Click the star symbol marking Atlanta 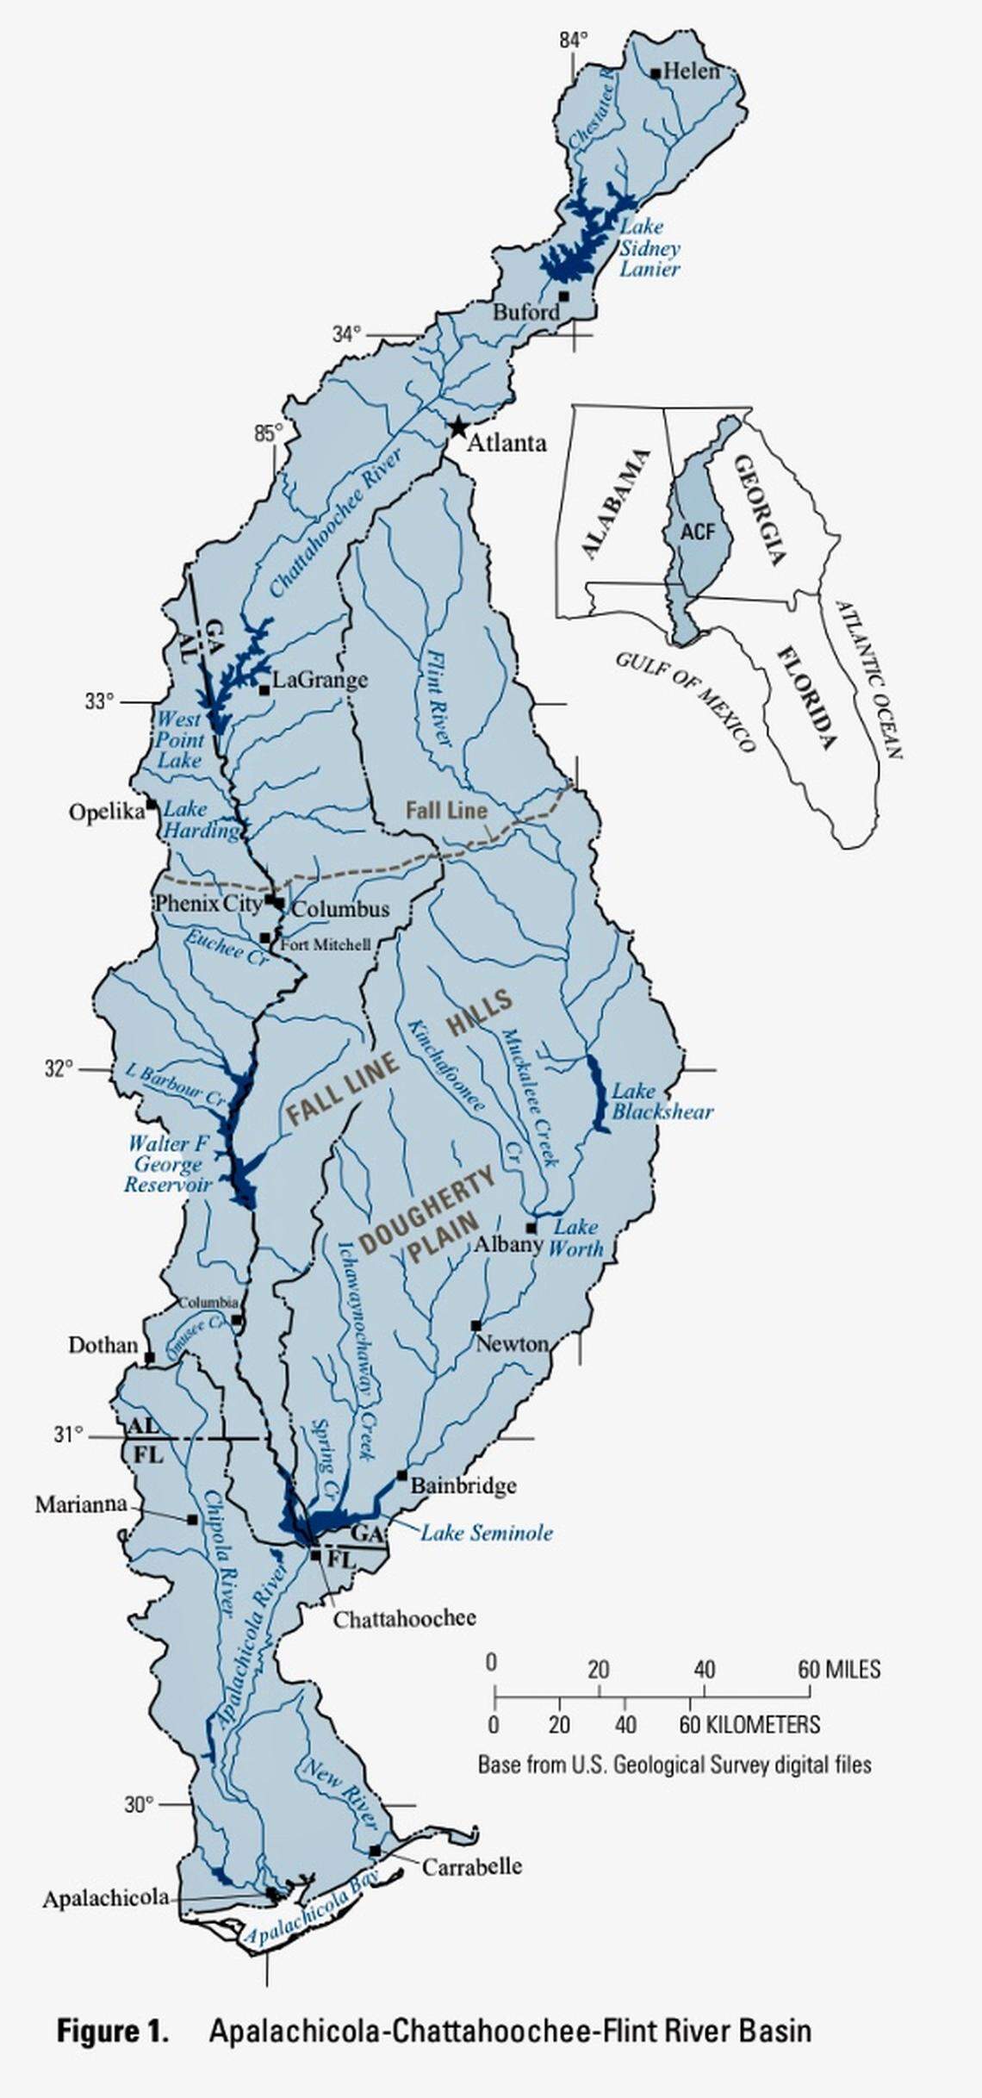[x=457, y=426]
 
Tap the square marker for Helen [x=656, y=73]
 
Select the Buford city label [x=525, y=312]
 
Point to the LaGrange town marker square [x=264, y=689]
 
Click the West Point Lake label [x=180, y=739]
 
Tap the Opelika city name [x=106, y=812]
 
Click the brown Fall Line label [x=446, y=810]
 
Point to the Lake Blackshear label [x=662, y=1101]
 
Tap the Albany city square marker [x=531, y=1228]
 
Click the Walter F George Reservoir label [x=169, y=1164]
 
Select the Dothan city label [x=103, y=1345]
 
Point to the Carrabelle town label [x=471, y=1866]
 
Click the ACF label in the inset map [x=698, y=532]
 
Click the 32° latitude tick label [x=59, y=1069]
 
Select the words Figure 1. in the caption [x=112, y=2031]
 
